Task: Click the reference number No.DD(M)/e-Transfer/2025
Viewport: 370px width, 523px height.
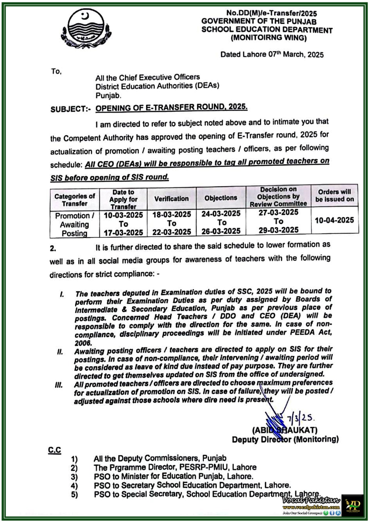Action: coord(271,13)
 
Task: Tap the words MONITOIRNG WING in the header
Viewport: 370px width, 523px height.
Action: coord(269,38)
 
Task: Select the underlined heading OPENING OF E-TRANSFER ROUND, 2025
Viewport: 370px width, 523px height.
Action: coord(171,108)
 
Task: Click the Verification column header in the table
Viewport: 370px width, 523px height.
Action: coord(171,199)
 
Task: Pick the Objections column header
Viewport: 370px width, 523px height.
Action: coord(221,198)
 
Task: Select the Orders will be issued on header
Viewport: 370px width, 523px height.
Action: coord(334,195)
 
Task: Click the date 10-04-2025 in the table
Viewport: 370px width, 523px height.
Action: coord(334,220)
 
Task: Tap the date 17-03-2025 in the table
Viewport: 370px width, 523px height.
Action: coord(123,233)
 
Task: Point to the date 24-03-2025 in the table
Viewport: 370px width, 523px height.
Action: coord(221,214)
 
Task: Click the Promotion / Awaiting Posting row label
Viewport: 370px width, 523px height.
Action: coord(75,225)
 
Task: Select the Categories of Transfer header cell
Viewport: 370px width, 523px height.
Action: coord(75,200)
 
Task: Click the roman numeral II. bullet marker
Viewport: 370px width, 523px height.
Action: coord(60,352)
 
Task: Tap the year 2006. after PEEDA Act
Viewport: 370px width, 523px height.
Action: coord(83,343)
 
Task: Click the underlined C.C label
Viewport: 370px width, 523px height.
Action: coord(54,450)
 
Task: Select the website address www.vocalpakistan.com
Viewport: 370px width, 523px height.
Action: coord(311,507)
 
